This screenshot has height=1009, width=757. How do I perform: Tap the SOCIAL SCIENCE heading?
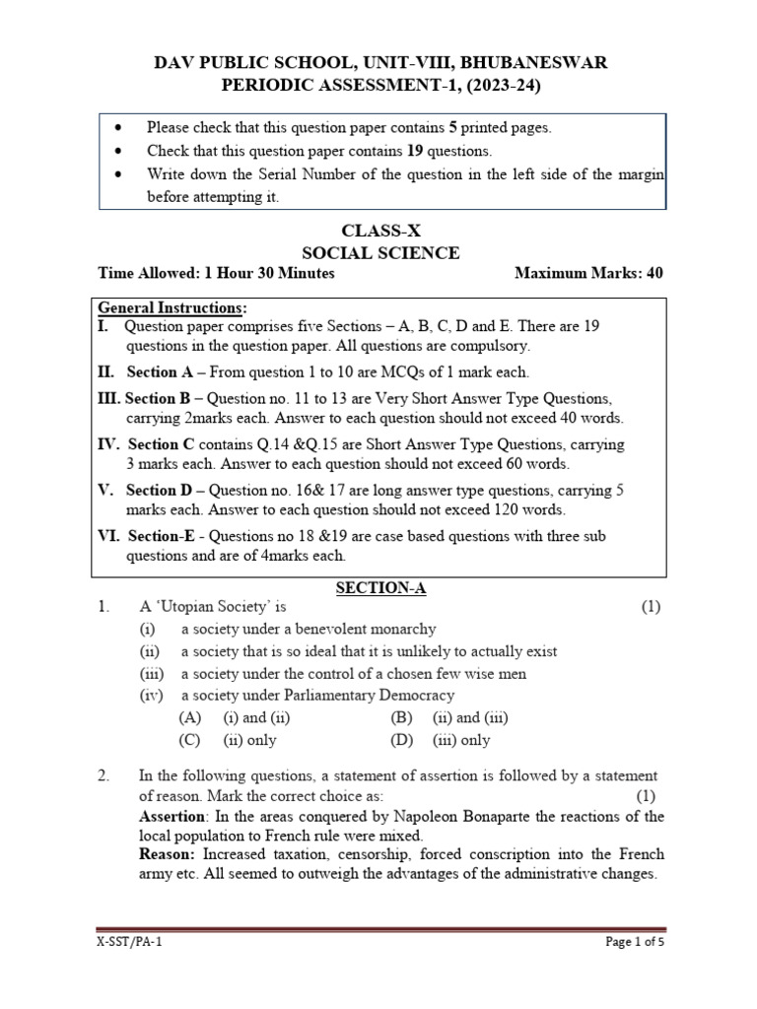(379, 253)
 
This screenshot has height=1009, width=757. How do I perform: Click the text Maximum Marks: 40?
(588, 273)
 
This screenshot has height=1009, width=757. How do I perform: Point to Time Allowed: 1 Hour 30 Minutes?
(217, 273)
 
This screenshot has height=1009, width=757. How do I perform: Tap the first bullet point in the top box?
(118, 127)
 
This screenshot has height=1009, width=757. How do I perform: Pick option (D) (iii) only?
(441, 740)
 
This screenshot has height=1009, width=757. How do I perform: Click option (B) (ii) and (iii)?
(449, 718)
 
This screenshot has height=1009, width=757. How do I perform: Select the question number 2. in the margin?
(103, 776)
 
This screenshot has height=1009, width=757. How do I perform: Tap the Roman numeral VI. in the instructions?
(107, 537)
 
